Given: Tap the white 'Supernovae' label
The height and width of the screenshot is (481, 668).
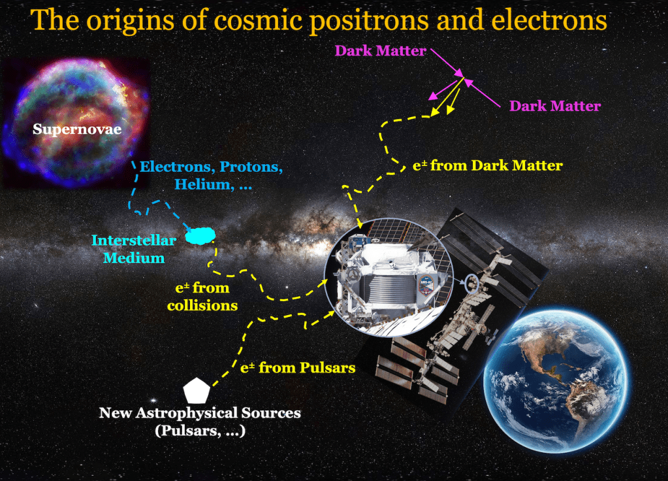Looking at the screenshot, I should pyautogui.click(x=77, y=129).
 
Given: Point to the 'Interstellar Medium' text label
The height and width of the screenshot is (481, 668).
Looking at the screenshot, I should pyautogui.click(x=133, y=249).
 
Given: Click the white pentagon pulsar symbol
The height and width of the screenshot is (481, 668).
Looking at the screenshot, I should pyautogui.click(x=197, y=390).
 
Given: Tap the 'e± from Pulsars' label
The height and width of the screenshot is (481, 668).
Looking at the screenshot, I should pyautogui.click(x=297, y=367).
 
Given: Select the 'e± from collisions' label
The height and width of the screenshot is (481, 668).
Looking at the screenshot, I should pyautogui.click(x=202, y=296).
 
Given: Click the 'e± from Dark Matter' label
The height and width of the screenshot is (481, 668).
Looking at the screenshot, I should pyautogui.click(x=487, y=165).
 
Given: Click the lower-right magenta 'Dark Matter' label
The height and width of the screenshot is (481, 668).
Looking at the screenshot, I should pyautogui.click(x=554, y=105).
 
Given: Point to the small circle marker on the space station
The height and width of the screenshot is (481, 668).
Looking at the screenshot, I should pyautogui.click(x=471, y=283).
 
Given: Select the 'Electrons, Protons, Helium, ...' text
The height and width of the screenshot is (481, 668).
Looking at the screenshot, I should pyautogui.click(x=211, y=175).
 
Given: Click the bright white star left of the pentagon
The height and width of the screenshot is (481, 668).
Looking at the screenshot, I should pyautogui.click(x=153, y=400).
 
